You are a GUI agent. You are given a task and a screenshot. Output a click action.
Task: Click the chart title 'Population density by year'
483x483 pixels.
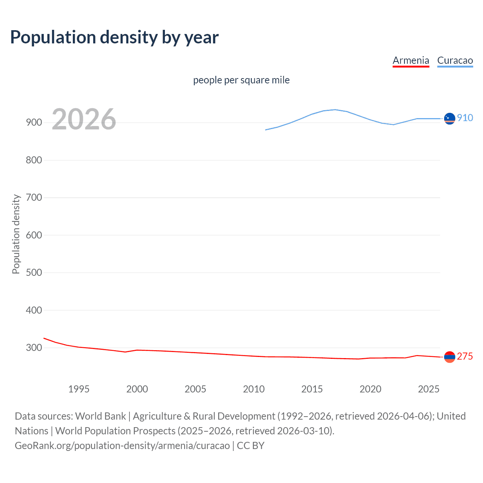tap(114, 37)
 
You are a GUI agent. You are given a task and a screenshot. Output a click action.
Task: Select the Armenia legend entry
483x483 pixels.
tap(411, 61)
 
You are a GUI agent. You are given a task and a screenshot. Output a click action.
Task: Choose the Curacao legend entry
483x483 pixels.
tap(455, 61)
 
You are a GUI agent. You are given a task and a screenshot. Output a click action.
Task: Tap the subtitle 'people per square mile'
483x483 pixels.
tap(241, 80)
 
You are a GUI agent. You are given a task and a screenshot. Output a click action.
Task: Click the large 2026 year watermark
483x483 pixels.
tap(84, 119)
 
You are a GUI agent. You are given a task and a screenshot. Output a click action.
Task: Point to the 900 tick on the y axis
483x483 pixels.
tap(34, 123)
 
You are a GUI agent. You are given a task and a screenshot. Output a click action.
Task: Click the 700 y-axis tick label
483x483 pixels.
tap(34, 197)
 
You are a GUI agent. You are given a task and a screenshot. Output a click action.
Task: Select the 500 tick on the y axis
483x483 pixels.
tap(34, 272)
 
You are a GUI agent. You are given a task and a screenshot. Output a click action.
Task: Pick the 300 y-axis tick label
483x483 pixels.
tap(34, 348)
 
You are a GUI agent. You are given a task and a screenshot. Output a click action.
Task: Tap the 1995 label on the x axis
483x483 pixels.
tap(78, 389)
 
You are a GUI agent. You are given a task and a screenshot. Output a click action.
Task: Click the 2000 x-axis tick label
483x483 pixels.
tap(137, 389)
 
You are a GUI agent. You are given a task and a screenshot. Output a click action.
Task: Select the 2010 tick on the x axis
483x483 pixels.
tap(254, 389)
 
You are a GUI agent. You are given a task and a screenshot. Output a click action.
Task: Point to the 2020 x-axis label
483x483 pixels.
tap(370, 389)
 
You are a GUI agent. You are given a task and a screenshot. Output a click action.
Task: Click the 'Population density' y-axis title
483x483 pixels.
tap(16, 234)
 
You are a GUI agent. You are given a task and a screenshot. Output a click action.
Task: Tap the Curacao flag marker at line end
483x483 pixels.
tap(449, 118)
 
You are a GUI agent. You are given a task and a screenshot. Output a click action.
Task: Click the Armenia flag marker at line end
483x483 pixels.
tap(449, 357)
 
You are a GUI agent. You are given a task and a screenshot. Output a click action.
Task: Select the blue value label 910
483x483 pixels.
tap(465, 118)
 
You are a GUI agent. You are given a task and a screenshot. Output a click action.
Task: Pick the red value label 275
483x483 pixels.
tap(465, 357)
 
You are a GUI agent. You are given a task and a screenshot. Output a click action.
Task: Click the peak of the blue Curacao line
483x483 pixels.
tap(335, 109)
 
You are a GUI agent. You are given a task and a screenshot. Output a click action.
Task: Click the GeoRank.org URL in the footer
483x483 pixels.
tap(122, 446)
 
